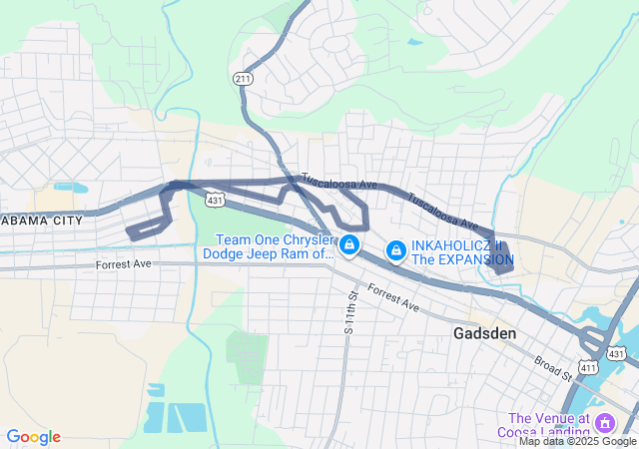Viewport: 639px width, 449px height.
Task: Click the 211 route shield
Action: tap(242, 79)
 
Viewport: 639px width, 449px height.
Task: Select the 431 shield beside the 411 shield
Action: tap(617, 353)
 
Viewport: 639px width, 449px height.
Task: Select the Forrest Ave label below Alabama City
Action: tap(123, 264)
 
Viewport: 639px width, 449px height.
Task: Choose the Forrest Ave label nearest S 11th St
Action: tap(392, 296)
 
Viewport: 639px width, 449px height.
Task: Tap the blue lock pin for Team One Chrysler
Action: tap(349, 244)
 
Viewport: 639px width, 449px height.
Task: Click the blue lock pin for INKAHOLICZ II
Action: tap(395, 249)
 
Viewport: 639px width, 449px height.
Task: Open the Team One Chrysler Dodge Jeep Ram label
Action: tap(268, 246)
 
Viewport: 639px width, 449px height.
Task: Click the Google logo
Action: tap(33, 437)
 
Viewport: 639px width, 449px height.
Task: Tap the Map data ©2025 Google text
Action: tap(577, 442)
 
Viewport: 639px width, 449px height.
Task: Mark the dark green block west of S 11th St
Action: tap(246, 348)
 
